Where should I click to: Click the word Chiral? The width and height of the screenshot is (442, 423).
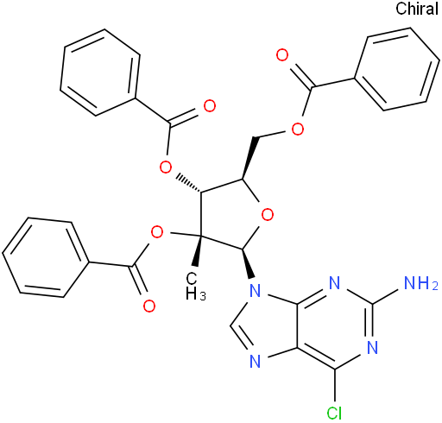416,9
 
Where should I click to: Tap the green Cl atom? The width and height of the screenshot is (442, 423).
334,413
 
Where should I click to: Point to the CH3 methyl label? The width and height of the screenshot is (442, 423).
195,287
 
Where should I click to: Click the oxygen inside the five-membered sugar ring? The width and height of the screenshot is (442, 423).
268,215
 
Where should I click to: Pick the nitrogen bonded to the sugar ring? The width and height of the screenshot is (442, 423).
255,290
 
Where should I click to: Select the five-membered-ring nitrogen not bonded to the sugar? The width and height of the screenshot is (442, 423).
255,361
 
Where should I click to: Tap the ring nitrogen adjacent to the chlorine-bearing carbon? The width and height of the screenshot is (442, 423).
372,347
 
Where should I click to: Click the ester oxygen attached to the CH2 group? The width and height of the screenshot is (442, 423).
297,129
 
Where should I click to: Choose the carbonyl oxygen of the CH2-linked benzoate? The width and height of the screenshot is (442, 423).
282,55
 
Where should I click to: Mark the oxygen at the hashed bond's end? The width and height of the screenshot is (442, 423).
166,167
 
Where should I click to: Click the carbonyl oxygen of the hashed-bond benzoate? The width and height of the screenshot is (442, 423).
210,106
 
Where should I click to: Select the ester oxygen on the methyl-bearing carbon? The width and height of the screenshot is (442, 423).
157,232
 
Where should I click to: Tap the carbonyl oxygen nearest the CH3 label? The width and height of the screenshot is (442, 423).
149,306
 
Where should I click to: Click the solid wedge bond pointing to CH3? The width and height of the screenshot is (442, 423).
198,251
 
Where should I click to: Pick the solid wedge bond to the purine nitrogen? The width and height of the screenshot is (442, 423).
249,262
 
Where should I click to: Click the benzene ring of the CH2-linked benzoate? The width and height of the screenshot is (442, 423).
397,69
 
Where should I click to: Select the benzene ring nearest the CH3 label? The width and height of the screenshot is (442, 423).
46,257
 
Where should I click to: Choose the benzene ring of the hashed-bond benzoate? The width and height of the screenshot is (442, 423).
100,73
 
